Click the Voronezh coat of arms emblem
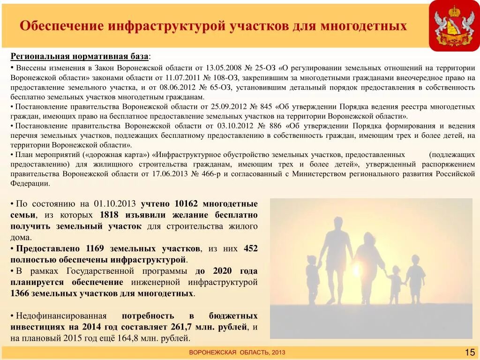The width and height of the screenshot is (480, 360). tap(454, 26)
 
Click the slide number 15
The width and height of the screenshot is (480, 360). tap(469, 352)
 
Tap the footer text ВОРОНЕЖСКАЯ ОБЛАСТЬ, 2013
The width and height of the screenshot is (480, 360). tap(237, 352)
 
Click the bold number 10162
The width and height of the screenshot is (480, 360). tap(186, 204)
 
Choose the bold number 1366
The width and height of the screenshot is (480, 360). tap(20, 293)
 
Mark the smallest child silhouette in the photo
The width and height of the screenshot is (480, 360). tap(395, 284)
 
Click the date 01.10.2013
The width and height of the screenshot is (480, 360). tap(115, 204)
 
